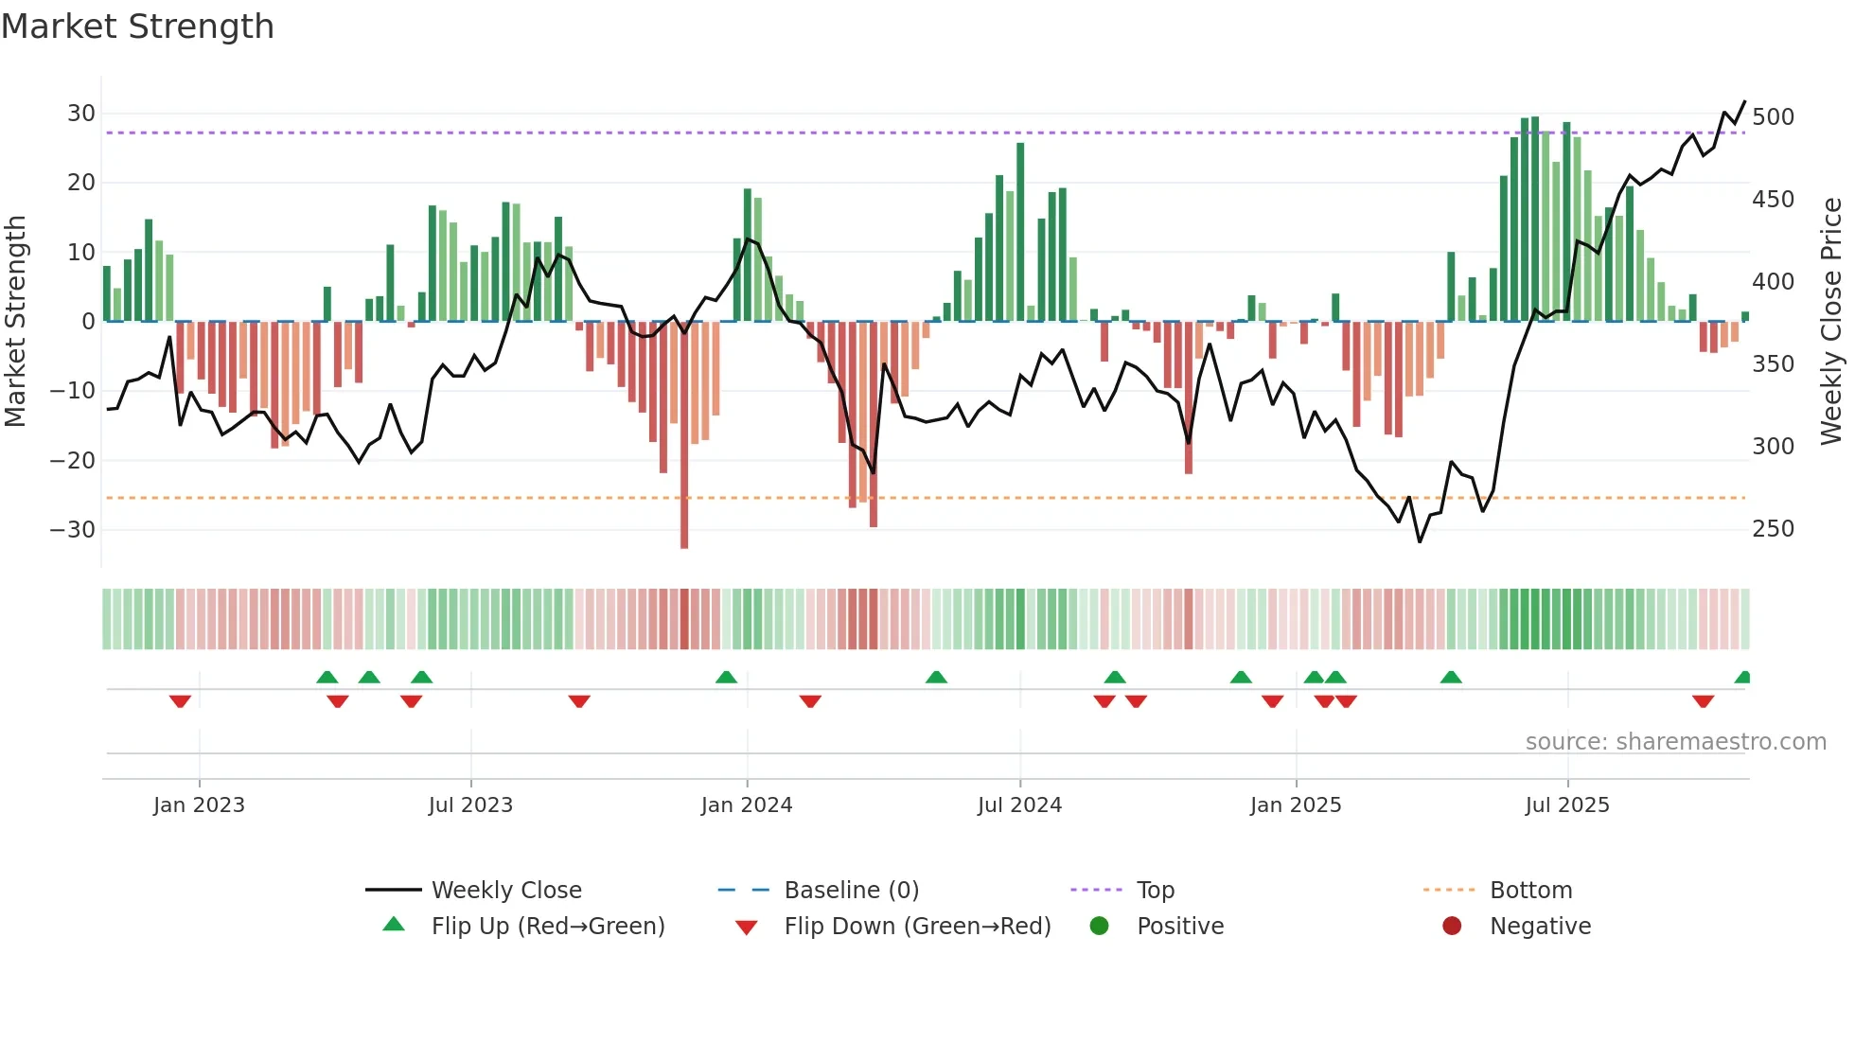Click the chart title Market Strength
pos(137,27)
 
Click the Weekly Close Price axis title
pos(1831,321)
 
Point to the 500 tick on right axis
pos(1773,117)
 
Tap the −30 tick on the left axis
pos(73,530)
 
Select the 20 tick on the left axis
pos(80,183)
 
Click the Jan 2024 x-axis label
pos(747,805)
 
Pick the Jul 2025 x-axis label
pos(1567,805)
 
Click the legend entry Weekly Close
pos(506,891)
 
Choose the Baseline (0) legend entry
pos(851,891)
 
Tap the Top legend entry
pos(1155,891)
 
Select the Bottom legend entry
pos(1530,891)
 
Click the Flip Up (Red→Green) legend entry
pos(547,927)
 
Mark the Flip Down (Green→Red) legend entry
pos(917,927)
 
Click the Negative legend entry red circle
pos(1452,927)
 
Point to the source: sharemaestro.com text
pos(1675,742)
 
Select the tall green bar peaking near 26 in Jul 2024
pos(1020,232)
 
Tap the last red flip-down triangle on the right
pos(1703,701)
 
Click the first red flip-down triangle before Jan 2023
pos(180,701)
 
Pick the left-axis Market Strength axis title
pos(16,321)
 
